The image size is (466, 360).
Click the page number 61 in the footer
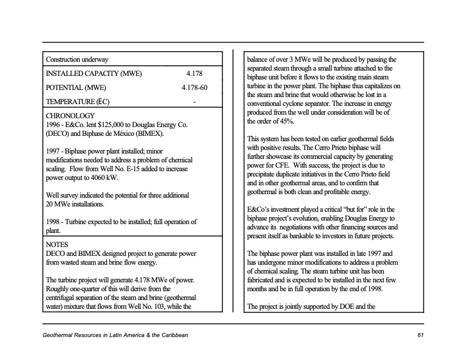pos(420,335)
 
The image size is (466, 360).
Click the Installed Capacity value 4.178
pos(194,74)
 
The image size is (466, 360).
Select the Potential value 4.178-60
pos(194,88)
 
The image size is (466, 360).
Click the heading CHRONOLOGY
pos(69,116)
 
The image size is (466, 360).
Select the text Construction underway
pos(77,60)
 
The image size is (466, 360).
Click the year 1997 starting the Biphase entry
pos(54,151)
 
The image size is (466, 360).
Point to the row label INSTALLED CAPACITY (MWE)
pos(94,74)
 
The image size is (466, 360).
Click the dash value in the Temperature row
pos(194,102)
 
